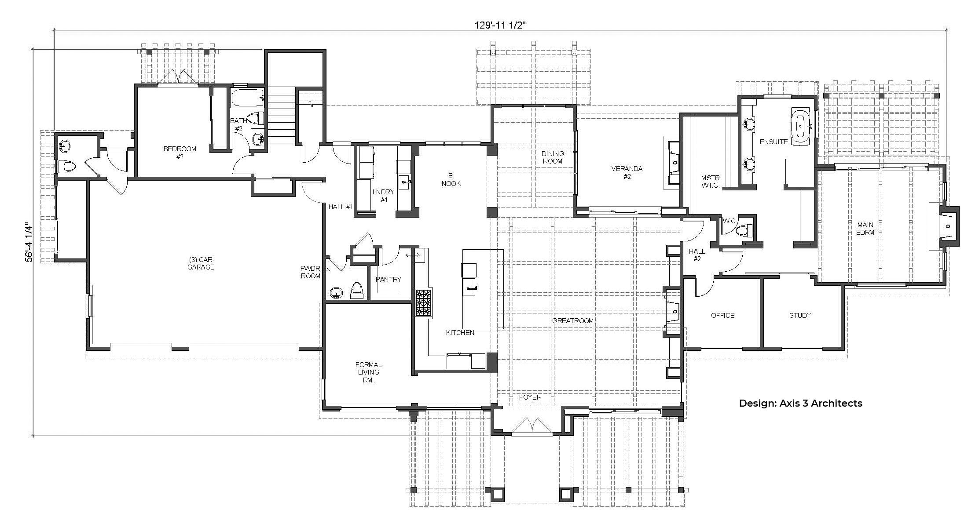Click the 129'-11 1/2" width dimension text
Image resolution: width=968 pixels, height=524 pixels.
click(500, 25)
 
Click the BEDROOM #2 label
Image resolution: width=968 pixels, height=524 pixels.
click(180, 153)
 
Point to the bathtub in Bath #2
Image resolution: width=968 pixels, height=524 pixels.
click(247, 98)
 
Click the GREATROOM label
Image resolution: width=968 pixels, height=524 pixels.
click(572, 321)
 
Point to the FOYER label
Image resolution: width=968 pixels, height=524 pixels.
click(530, 397)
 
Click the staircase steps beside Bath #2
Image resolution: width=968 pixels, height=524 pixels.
click(281, 115)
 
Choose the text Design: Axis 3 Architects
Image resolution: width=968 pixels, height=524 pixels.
click(800, 403)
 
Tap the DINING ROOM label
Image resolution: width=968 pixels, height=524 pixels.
click(552, 157)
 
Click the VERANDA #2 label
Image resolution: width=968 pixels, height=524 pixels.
click(627, 172)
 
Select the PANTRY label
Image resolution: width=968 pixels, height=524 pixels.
click(389, 279)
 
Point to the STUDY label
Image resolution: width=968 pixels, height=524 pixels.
click(800, 315)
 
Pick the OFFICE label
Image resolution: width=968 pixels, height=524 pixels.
click(723, 315)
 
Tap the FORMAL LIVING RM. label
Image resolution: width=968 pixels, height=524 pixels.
click(369, 372)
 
